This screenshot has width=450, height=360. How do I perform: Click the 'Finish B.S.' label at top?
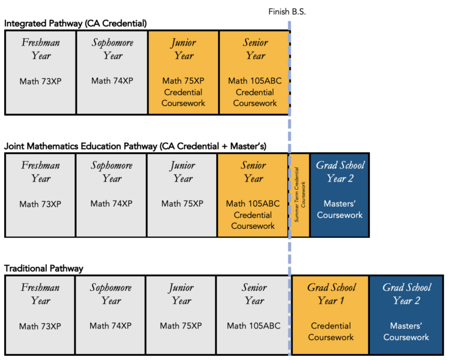(287, 12)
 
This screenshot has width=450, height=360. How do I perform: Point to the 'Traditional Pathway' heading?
(44, 269)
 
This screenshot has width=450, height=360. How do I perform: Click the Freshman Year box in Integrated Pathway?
(40, 72)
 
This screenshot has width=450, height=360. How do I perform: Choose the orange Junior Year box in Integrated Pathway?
(183, 72)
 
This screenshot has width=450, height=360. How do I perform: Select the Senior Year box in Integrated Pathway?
(255, 72)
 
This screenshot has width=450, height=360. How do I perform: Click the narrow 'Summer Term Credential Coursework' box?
(299, 196)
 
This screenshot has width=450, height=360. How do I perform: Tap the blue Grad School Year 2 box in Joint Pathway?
(340, 196)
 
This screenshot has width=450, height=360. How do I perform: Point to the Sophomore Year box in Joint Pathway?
(111, 196)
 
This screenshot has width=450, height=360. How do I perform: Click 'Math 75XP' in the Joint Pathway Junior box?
(182, 204)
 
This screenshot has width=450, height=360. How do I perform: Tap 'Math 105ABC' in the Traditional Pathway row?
(254, 326)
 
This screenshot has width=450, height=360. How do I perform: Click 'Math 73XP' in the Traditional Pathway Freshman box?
(40, 326)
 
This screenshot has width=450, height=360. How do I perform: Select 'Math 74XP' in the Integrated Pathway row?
(112, 81)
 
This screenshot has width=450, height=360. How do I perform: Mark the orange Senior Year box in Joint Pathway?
(253, 196)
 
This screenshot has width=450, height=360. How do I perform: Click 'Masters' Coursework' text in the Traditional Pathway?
(406, 331)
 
